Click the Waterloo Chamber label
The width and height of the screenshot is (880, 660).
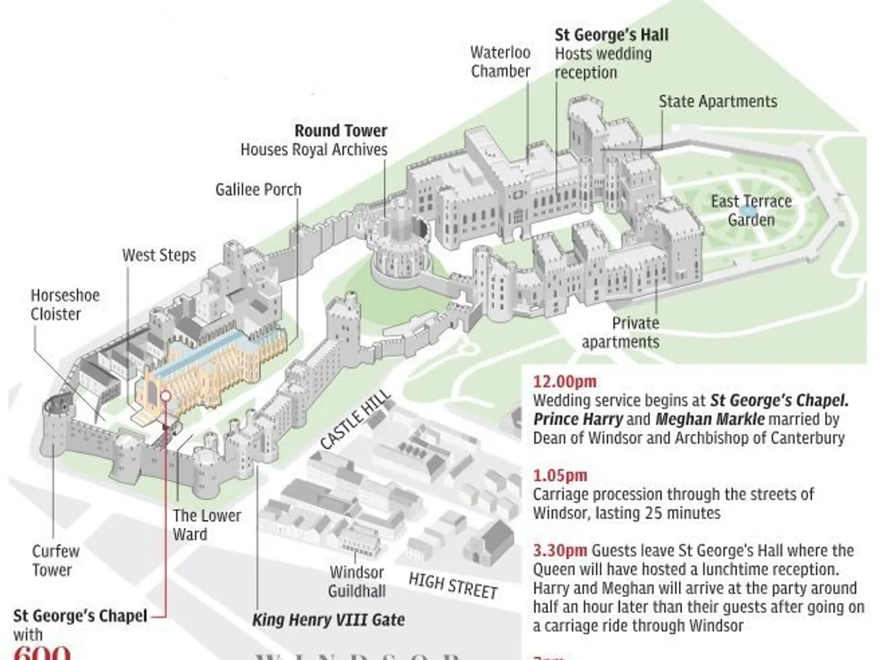pos(500,62)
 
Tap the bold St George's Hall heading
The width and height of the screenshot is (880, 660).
pos(611,34)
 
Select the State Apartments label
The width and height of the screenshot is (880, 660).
pos(717,101)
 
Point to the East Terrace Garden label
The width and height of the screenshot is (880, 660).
pos(751,210)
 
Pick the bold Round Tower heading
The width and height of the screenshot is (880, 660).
pos(341,131)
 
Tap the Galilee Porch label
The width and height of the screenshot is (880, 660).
pos(258,189)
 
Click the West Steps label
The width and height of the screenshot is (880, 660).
pos(159,255)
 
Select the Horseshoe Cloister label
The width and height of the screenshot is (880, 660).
pos(65,304)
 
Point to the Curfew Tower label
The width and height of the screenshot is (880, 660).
pos(56,560)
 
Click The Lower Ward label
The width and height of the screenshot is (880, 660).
pos(207,524)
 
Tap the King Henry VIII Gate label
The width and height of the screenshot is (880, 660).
pos(328,620)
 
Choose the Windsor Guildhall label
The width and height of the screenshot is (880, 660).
pos(357,581)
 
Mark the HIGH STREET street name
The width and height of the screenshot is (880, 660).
pos(452,585)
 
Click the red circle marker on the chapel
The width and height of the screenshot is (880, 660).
pos(166,395)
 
